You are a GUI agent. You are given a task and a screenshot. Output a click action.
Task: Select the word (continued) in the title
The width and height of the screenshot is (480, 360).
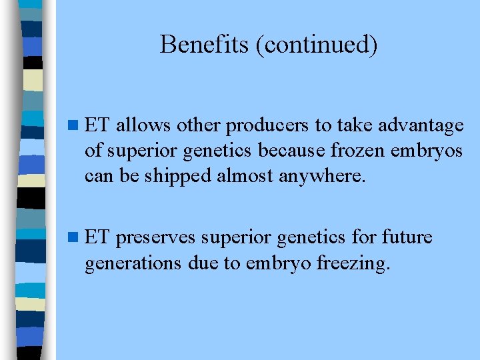click(311, 45)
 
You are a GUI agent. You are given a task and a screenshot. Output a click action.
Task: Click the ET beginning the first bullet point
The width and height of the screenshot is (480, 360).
click(97, 125)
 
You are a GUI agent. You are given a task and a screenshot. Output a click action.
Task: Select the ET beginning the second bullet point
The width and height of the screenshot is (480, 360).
click(97, 237)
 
